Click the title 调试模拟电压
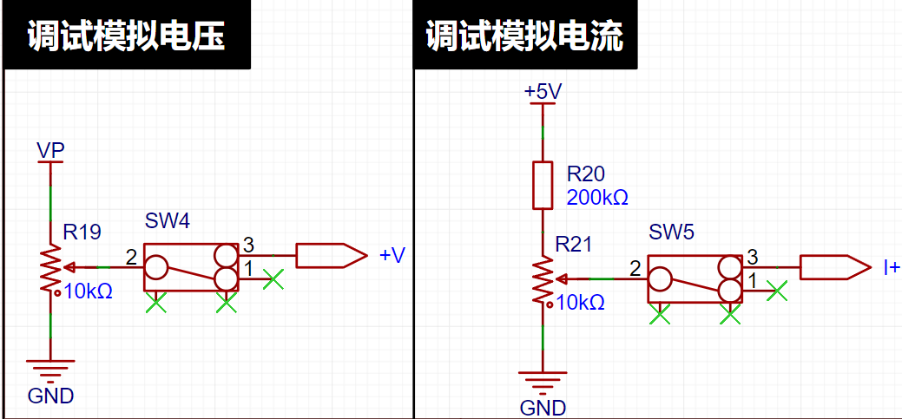(x=126, y=38)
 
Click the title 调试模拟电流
(x=524, y=38)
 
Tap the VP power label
(x=50, y=150)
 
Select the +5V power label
(x=543, y=92)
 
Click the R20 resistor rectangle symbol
(x=543, y=185)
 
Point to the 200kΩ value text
(x=597, y=198)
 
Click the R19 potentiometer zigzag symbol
(x=50, y=268)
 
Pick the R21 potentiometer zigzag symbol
(x=543, y=280)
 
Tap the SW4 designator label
(x=167, y=222)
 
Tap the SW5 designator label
(x=671, y=232)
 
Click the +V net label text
(x=393, y=255)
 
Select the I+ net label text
(x=892, y=267)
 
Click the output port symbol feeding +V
(x=332, y=255)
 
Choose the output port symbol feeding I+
(x=835, y=268)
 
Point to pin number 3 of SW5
(x=752, y=255)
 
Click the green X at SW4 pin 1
(x=273, y=279)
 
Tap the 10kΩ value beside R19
(x=89, y=291)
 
